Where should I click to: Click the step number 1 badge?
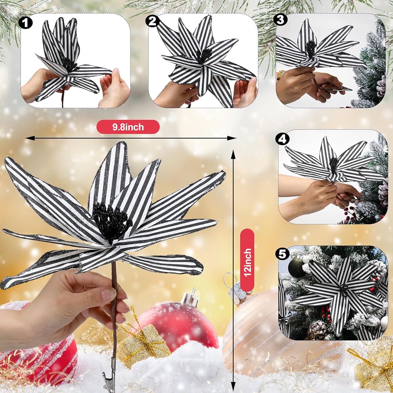point(25,23)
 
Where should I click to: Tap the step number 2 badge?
point(152,21)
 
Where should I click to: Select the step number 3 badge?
point(281,20)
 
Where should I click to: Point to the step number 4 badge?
point(282,139)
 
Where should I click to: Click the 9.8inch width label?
point(128,127)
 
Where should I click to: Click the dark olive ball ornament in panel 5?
point(296,268)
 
